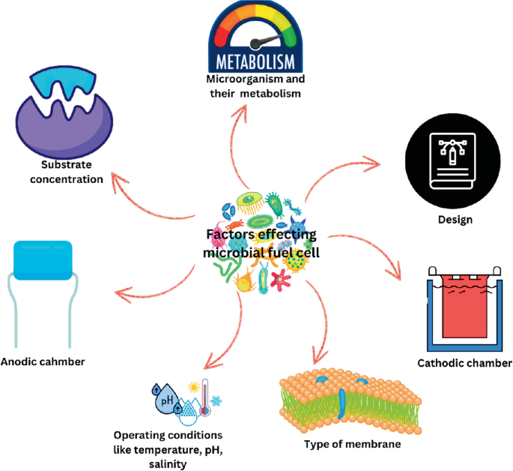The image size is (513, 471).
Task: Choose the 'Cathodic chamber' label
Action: pyautogui.click(x=464, y=364)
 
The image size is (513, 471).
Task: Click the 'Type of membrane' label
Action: pyautogui.click(x=352, y=444)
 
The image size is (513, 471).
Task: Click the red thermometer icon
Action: pyautogui.click(x=205, y=394)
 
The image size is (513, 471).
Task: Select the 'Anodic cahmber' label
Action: pyautogui.click(x=43, y=361)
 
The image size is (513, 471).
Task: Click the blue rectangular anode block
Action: pyautogui.click(x=43, y=259)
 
